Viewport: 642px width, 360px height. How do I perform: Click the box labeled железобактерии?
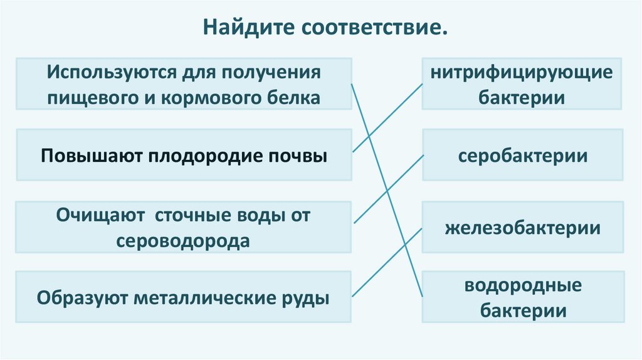click(522, 227)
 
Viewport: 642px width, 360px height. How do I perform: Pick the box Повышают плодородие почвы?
click(184, 155)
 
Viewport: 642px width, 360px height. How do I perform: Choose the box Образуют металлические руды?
click(184, 297)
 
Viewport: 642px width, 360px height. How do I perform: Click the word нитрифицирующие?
click(522, 72)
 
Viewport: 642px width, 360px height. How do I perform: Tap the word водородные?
click(522, 286)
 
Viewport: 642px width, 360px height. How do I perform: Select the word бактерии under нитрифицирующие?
click(522, 97)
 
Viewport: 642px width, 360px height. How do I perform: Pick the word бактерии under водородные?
click(522, 310)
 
